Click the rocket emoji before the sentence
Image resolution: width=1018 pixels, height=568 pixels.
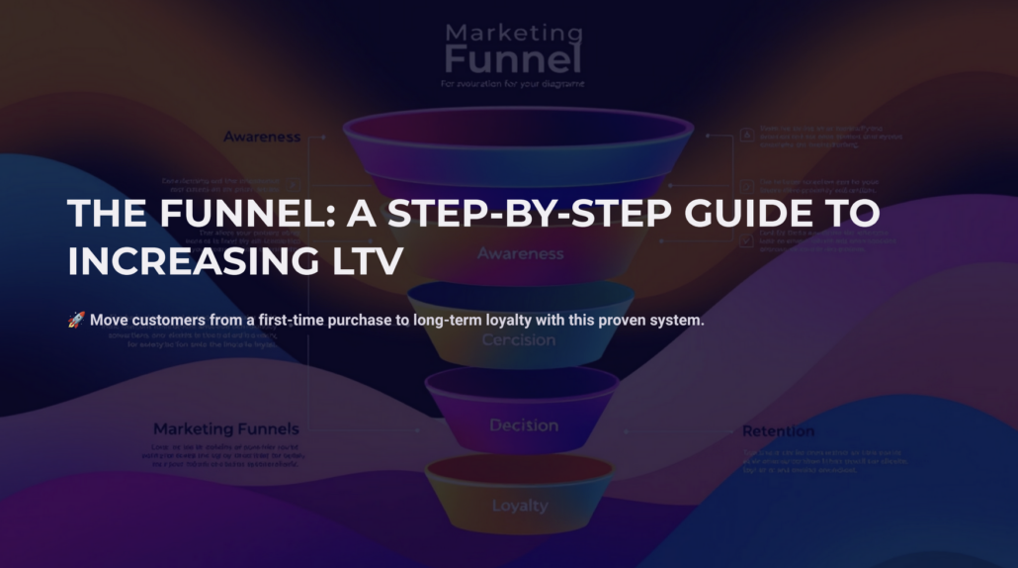pyautogui.click(x=76, y=320)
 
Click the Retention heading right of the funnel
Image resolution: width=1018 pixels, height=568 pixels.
pyautogui.click(x=778, y=431)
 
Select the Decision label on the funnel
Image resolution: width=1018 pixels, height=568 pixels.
pyautogui.click(x=524, y=426)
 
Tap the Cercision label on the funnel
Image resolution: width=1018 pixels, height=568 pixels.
pyautogui.click(x=518, y=340)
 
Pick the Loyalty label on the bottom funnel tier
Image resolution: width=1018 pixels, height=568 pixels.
pyautogui.click(x=520, y=506)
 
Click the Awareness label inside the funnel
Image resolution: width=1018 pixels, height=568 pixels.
pyautogui.click(x=520, y=253)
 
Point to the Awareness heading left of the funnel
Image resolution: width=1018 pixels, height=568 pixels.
pyautogui.click(x=261, y=137)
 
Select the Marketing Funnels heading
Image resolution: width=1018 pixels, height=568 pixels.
pyautogui.click(x=225, y=429)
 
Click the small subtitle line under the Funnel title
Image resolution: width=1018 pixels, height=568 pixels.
pyautogui.click(x=512, y=84)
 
